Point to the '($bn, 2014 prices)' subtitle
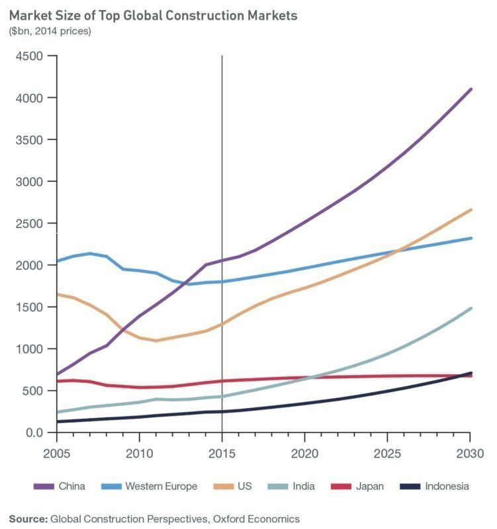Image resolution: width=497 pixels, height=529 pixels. [50, 31]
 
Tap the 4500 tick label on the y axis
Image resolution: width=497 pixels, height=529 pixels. [29, 56]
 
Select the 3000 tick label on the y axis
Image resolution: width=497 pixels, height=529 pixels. [29, 181]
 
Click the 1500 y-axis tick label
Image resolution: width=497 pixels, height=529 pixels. [29, 307]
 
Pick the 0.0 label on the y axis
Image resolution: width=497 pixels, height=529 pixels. [32, 432]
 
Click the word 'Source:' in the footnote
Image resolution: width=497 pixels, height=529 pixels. [28, 519]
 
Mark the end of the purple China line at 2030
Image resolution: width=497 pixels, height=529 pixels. [471, 89]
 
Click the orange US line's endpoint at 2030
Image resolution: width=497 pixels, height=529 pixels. [471, 210]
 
